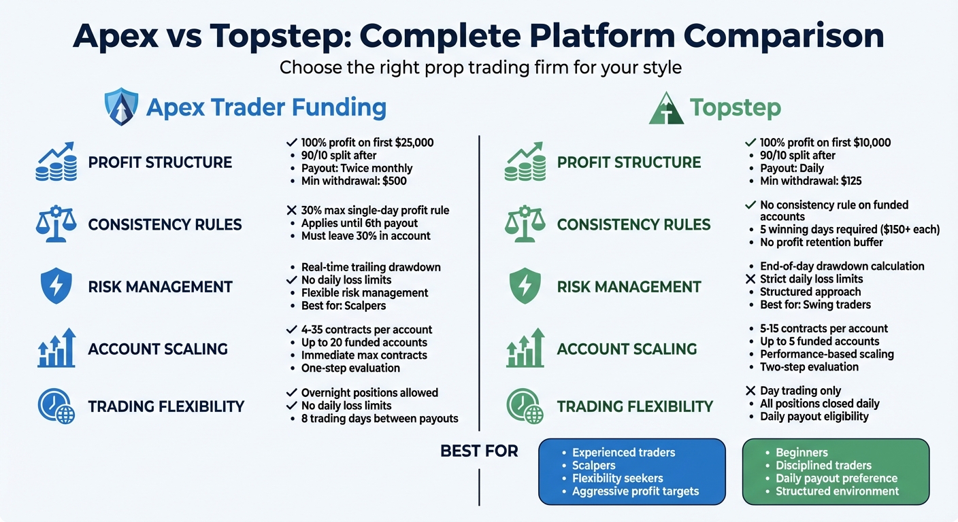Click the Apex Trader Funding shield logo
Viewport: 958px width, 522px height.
[120, 107]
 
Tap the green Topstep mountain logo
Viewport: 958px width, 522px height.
[666, 108]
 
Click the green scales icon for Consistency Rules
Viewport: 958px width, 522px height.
[525, 224]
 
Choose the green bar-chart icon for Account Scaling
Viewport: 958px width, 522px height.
[525, 349]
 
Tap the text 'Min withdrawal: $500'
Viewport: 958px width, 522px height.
[354, 181]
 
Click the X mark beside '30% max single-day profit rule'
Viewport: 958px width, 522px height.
[291, 211]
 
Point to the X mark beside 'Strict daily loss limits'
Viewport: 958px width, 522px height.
[750, 279]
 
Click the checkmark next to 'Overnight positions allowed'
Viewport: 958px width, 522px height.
[291, 393]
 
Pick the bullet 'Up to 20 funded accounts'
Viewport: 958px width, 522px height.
[364, 343]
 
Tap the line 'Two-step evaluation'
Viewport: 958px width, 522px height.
[809, 367]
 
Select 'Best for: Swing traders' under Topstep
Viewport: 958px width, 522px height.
[815, 305]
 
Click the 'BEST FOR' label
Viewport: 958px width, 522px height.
[479, 451]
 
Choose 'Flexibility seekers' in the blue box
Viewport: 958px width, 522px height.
[617, 478]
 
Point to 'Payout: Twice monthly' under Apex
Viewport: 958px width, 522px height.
[357, 169]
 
